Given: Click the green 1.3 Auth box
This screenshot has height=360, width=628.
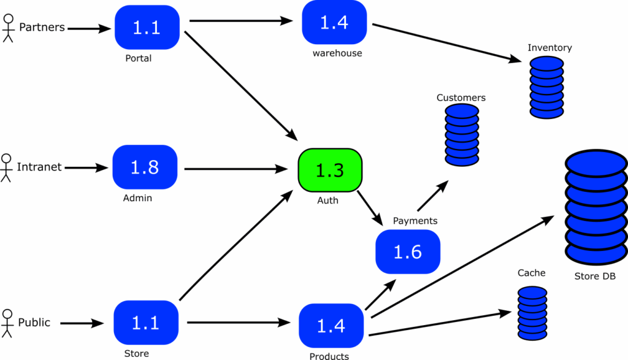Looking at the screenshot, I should [330, 170].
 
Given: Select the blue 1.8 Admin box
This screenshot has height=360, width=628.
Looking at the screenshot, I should [145, 167].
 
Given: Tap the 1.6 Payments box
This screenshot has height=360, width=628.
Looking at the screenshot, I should [408, 251].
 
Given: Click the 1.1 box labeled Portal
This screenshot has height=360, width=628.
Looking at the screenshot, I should [147, 28].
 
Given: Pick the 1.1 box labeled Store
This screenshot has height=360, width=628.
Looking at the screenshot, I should [146, 323].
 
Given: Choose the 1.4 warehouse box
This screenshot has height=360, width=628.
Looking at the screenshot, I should [334, 23].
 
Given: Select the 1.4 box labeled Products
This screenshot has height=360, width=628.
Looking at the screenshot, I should [331, 325].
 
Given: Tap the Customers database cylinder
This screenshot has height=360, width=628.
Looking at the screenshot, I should [461, 135].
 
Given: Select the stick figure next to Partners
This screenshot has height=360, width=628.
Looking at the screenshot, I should [7, 28].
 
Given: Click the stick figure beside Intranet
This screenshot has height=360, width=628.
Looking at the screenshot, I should [6, 167].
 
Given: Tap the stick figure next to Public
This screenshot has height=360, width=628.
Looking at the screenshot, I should [7, 323].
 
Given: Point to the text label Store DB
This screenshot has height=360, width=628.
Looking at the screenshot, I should [594, 276].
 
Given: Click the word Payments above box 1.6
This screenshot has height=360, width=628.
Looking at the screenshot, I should [415, 221].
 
